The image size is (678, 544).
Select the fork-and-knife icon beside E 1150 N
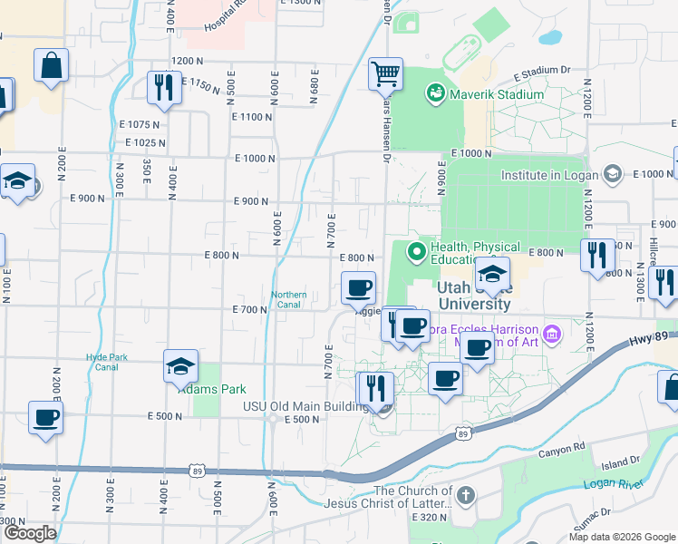(x=164, y=87)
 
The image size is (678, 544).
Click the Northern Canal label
(x=289, y=300)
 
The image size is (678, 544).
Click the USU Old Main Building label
(x=305, y=406)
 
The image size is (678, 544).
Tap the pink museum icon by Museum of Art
(x=554, y=335)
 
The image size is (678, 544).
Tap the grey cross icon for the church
(x=465, y=496)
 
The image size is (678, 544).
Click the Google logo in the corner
(x=30, y=532)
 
